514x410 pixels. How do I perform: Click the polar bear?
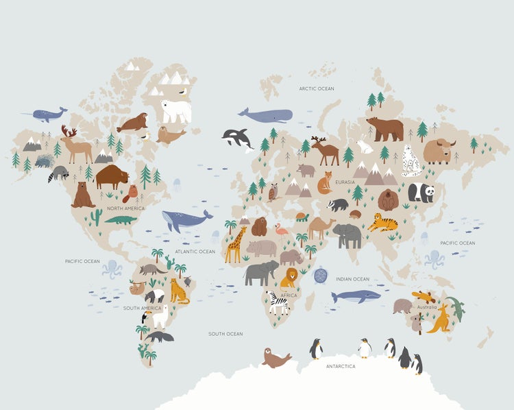(x=175, y=110)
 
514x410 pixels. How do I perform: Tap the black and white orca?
(x=237, y=138)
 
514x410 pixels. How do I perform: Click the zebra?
(x=278, y=302)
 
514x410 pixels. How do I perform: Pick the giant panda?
(x=421, y=192)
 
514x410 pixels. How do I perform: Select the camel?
(x=321, y=226)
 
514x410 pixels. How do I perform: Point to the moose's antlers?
(x=69, y=131)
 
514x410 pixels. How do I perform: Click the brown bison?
(x=111, y=176)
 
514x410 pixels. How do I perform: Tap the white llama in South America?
(x=159, y=316)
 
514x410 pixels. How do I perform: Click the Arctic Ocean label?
(x=317, y=88)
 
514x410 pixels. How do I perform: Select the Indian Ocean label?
(x=353, y=279)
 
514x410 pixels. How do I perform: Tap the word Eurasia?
(x=345, y=182)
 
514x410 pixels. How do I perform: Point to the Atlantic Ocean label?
(x=195, y=252)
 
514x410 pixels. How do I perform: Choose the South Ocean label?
(x=225, y=334)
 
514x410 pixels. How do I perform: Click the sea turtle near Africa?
(x=320, y=275)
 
